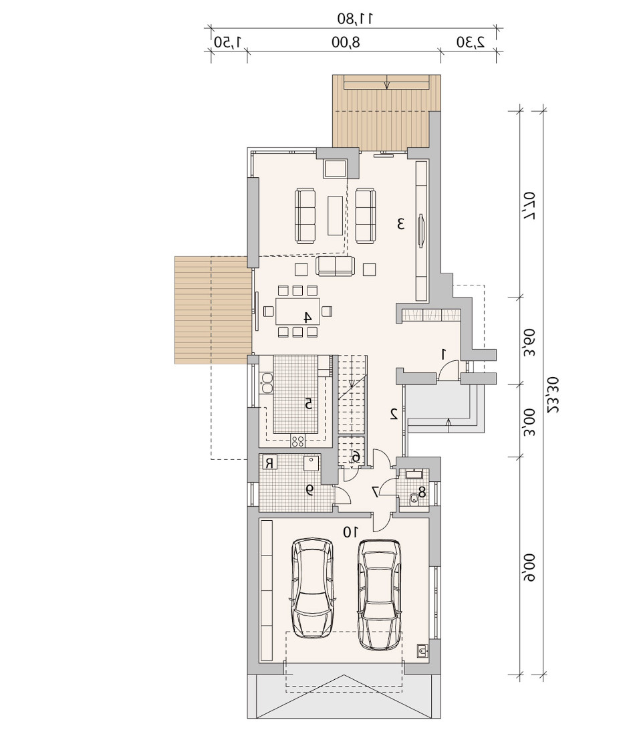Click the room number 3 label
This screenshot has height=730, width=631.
(400, 224)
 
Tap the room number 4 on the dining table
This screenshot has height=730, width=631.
(307, 318)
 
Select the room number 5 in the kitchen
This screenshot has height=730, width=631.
(308, 404)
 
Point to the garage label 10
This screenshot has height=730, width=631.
(351, 531)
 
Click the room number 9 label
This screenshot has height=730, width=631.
(309, 489)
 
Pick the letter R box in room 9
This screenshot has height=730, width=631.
(269, 463)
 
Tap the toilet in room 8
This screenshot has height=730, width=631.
(412, 499)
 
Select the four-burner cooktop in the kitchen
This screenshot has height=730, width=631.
(297, 441)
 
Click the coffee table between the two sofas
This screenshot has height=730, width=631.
(336, 215)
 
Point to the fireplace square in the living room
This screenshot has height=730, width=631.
(336, 168)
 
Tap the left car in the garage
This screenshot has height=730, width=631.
(312, 589)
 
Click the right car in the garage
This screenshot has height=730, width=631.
(380, 594)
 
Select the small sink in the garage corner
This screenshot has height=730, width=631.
(422, 650)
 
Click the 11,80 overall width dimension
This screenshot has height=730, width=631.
(356, 19)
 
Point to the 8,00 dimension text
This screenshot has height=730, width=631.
(346, 42)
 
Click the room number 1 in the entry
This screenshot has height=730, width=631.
(443, 354)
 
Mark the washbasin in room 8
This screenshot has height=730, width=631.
(414, 474)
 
